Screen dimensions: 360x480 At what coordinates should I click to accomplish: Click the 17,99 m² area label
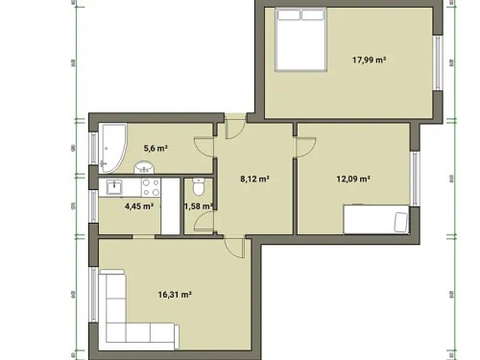point(369,60)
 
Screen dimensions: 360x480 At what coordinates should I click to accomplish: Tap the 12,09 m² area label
point(353,178)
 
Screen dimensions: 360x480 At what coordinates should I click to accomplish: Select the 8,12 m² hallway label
point(253,178)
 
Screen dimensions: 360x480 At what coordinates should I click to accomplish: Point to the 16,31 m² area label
point(175,295)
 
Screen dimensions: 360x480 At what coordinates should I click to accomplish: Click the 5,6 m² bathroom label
point(156,148)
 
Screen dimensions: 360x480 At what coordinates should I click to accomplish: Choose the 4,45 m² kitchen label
point(139,204)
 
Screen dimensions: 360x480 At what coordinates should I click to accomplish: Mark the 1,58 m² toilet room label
point(198,205)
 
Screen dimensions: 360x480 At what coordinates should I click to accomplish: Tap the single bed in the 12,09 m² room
point(375,221)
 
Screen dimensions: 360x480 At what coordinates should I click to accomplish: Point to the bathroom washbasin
point(147,167)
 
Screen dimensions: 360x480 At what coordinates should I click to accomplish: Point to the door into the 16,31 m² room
point(236,248)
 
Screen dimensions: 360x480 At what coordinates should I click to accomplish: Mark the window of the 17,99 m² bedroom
point(440,63)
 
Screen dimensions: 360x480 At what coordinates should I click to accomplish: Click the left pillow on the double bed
point(289,14)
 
